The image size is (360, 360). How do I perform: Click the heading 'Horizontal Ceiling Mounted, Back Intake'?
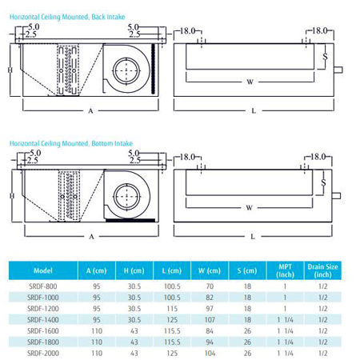67,17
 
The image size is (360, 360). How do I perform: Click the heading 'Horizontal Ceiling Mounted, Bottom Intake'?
71,143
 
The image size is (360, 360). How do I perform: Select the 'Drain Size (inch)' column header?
322,270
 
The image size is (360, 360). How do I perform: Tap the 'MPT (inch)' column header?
285,270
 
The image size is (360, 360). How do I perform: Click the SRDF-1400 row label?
43,320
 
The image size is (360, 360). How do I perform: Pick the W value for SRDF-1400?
210,320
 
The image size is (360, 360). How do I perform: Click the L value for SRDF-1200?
172,309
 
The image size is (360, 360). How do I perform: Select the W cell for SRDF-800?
210,286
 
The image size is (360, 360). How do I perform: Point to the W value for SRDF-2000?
210,354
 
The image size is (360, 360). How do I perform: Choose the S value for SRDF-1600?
247,331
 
